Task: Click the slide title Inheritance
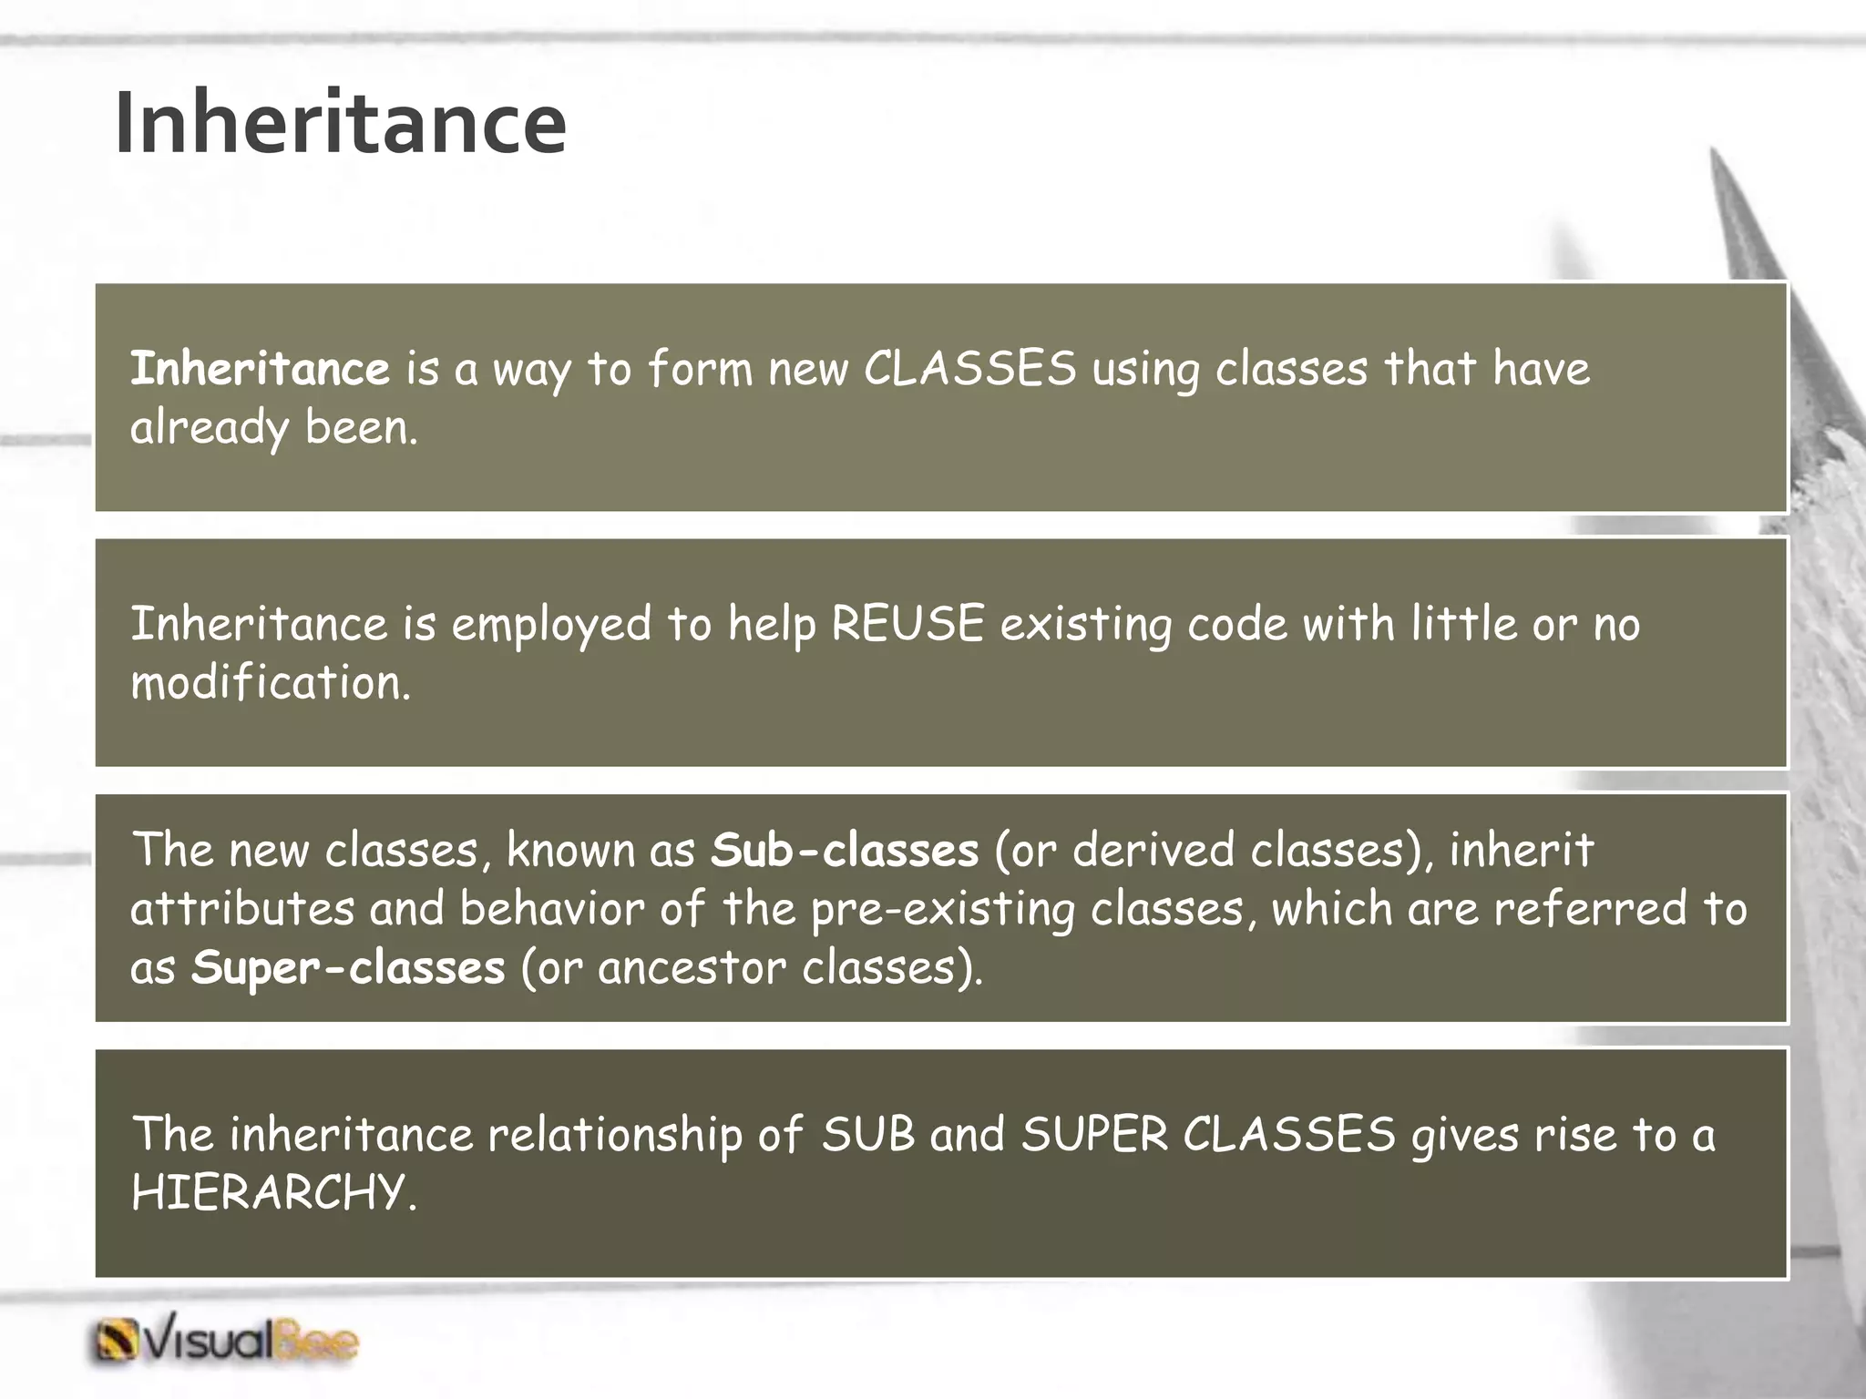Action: (x=340, y=123)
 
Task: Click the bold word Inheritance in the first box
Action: (x=260, y=369)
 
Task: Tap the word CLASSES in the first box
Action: (x=969, y=369)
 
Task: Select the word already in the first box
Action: (x=209, y=428)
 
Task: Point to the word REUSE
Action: (x=907, y=625)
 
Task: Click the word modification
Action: (x=270, y=683)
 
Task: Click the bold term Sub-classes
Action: (x=844, y=850)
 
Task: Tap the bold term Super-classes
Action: (x=347, y=967)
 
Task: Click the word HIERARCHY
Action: (x=272, y=1192)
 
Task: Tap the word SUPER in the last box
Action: (x=1094, y=1135)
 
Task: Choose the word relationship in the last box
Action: (x=615, y=1135)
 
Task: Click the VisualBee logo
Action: (x=225, y=1341)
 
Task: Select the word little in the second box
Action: (x=1463, y=625)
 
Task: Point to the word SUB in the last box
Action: (x=867, y=1135)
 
